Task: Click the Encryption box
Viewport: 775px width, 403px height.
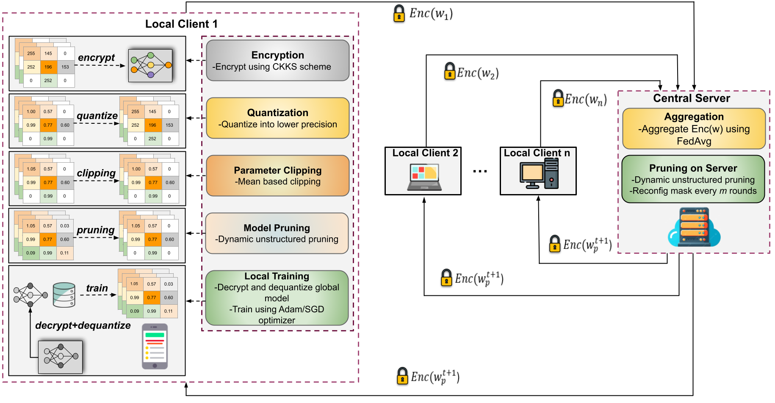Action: click(277, 60)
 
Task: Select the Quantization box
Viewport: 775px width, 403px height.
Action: click(277, 118)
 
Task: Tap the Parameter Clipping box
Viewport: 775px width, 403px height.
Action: click(277, 175)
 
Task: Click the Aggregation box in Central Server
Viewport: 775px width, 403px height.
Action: click(694, 128)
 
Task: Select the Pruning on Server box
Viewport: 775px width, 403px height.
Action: click(693, 179)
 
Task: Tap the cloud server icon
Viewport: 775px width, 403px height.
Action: click(694, 228)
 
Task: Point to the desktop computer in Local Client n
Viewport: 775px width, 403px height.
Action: click(539, 174)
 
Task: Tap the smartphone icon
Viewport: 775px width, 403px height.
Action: click(155, 347)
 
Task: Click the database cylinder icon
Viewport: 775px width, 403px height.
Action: click(64, 295)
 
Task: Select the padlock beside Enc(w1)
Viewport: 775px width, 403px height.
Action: click(399, 14)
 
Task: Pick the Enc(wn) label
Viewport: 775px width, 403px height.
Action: click(586, 100)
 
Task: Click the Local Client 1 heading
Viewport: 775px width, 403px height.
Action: click(181, 24)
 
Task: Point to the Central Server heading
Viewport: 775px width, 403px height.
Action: click(691, 98)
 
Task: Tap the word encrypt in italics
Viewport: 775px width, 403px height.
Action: click(96, 58)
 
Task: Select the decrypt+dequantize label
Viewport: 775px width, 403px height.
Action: click(83, 325)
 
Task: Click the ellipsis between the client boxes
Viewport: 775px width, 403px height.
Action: click(480, 171)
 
